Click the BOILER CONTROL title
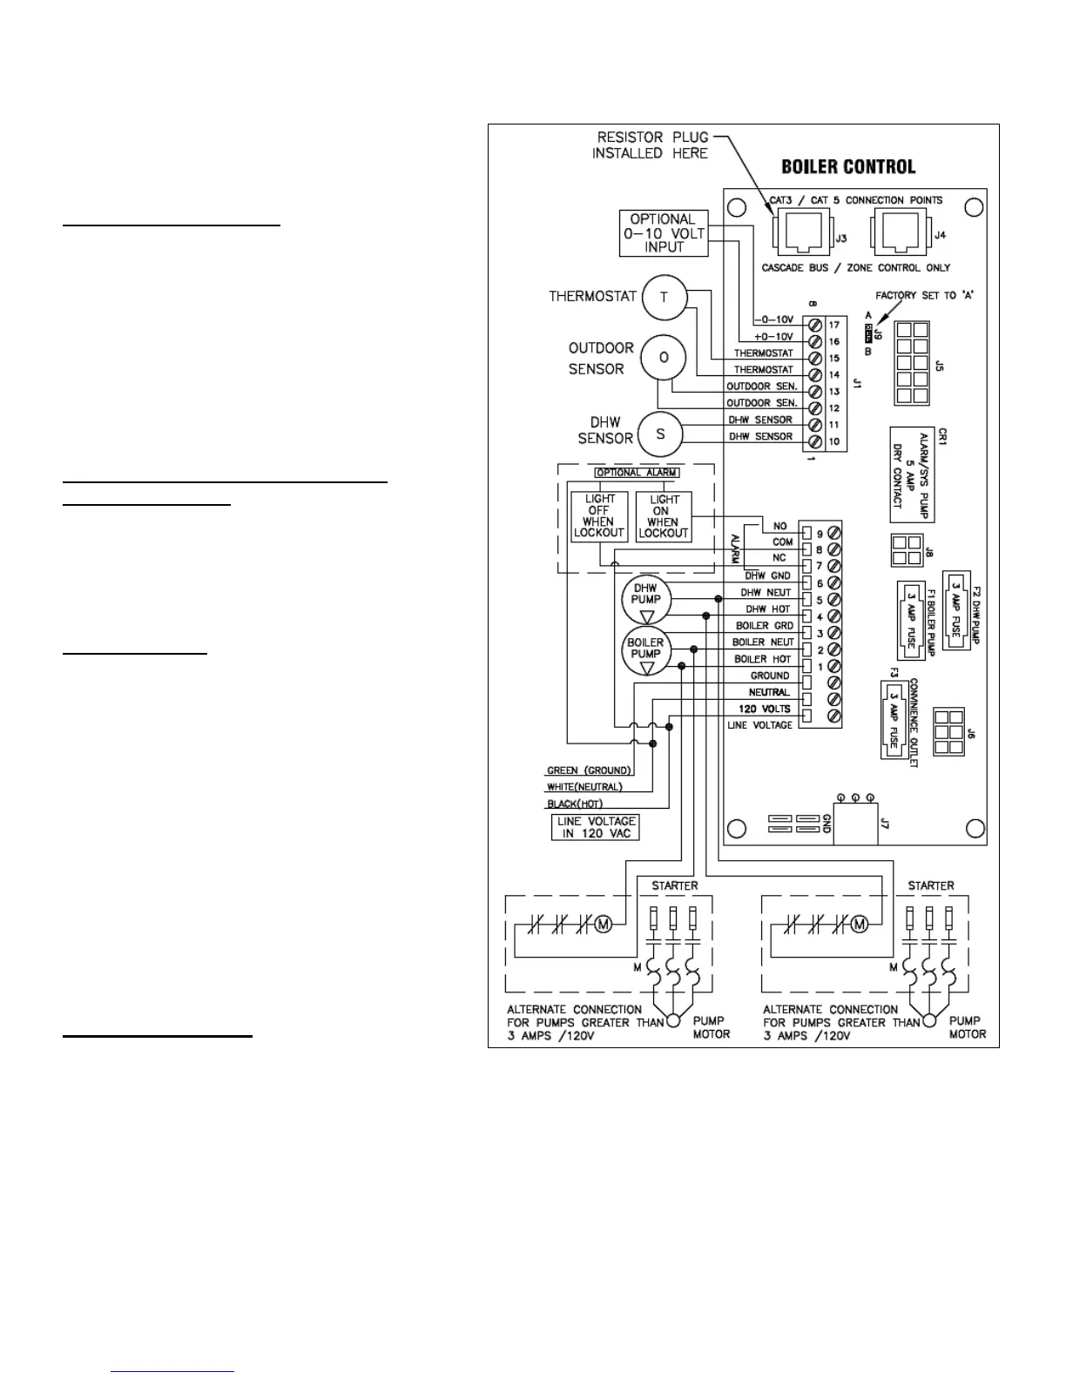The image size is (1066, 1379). pyautogui.click(x=848, y=166)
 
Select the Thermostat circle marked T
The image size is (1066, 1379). pyautogui.click(x=664, y=298)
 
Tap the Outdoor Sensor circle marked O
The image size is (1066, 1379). pyautogui.click(x=664, y=358)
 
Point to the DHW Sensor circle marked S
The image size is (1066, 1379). pyautogui.click(x=660, y=434)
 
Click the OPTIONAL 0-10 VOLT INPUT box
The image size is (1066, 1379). pyautogui.click(x=663, y=233)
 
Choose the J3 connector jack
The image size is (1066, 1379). pyautogui.click(x=796, y=232)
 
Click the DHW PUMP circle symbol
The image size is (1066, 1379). pyautogui.click(x=646, y=600)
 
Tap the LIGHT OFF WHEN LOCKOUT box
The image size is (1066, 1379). pyautogui.click(x=599, y=516)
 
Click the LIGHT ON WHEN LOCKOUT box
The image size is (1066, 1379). pyautogui.click(x=664, y=516)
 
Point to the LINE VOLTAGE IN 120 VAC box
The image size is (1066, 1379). pyautogui.click(x=595, y=827)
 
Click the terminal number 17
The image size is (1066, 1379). pyautogui.click(x=833, y=325)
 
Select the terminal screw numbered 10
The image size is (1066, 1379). pyautogui.click(x=816, y=442)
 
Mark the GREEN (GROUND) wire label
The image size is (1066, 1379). pyautogui.click(x=588, y=770)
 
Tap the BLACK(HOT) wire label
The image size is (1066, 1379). pyautogui.click(x=575, y=804)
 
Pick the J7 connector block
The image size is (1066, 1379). pyautogui.click(x=854, y=822)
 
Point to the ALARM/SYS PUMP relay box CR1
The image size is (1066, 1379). pyautogui.click(x=911, y=474)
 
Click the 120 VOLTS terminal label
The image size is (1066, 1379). pyautogui.click(x=765, y=709)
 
